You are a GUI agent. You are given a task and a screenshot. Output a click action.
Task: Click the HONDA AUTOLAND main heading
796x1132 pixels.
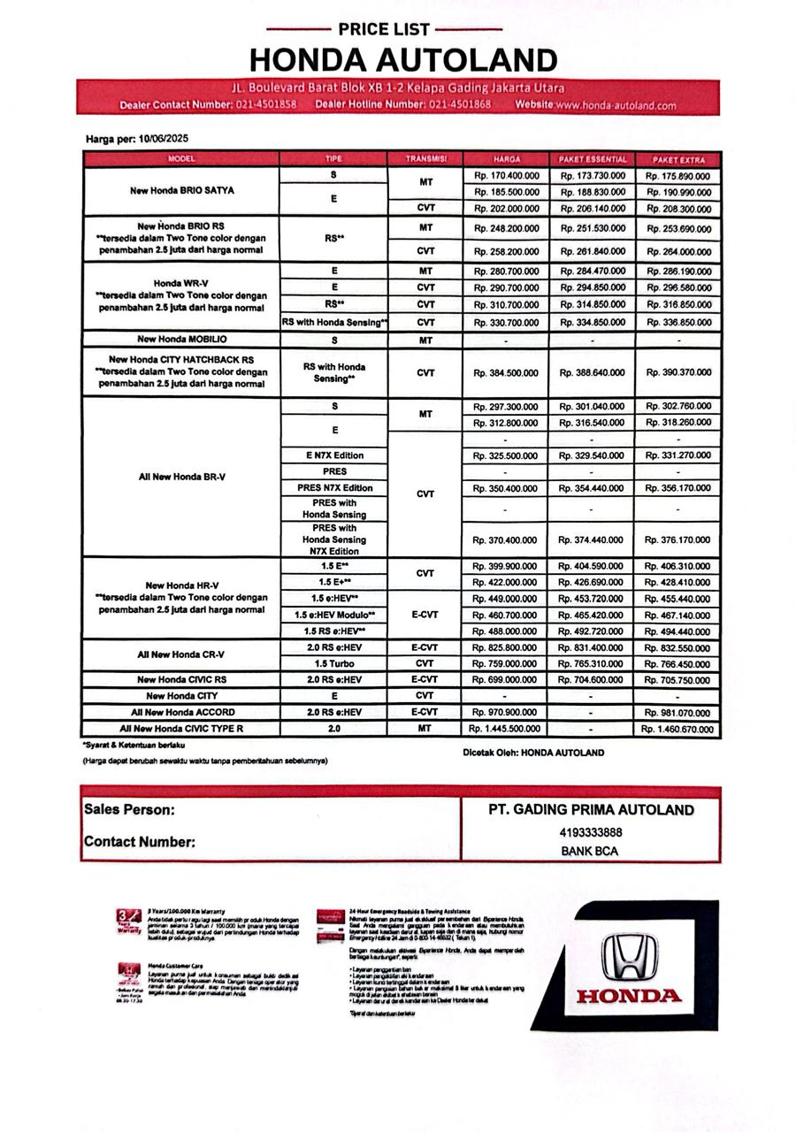(x=403, y=60)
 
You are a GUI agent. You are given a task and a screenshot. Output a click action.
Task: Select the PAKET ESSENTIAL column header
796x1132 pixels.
(x=592, y=159)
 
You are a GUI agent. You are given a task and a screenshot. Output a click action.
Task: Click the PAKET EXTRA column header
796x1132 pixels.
(x=678, y=159)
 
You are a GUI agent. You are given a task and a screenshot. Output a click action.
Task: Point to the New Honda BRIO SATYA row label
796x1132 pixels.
(x=181, y=191)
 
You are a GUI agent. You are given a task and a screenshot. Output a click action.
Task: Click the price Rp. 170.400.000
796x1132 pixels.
(x=506, y=176)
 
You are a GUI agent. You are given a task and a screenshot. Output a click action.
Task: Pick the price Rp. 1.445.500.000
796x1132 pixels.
(x=503, y=729)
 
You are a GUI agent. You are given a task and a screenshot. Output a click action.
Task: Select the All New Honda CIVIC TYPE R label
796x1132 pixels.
(x=181, y=729)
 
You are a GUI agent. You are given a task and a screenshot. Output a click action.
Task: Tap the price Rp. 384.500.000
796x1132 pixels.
(x=506, y=373)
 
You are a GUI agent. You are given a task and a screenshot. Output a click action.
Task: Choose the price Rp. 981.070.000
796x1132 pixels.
(x=678, y=713)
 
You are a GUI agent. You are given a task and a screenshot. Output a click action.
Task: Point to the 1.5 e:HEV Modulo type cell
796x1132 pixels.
(x=335, y=615)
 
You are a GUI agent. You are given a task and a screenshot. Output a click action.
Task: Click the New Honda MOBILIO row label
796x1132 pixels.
(x=181, y=340)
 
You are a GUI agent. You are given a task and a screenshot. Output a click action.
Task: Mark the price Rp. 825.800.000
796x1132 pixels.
(x=506, y=647)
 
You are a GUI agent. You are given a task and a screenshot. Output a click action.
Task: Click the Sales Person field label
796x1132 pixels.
(x=129, y=809)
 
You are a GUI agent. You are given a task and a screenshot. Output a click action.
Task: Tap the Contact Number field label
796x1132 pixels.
(x=140, y=842)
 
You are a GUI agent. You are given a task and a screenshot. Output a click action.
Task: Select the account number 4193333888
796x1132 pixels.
(x=591, y=832)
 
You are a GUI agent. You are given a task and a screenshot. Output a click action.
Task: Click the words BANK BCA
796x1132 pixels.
(x=590, y=852)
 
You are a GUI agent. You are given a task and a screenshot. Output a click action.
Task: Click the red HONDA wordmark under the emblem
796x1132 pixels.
(x=629, y=997)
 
